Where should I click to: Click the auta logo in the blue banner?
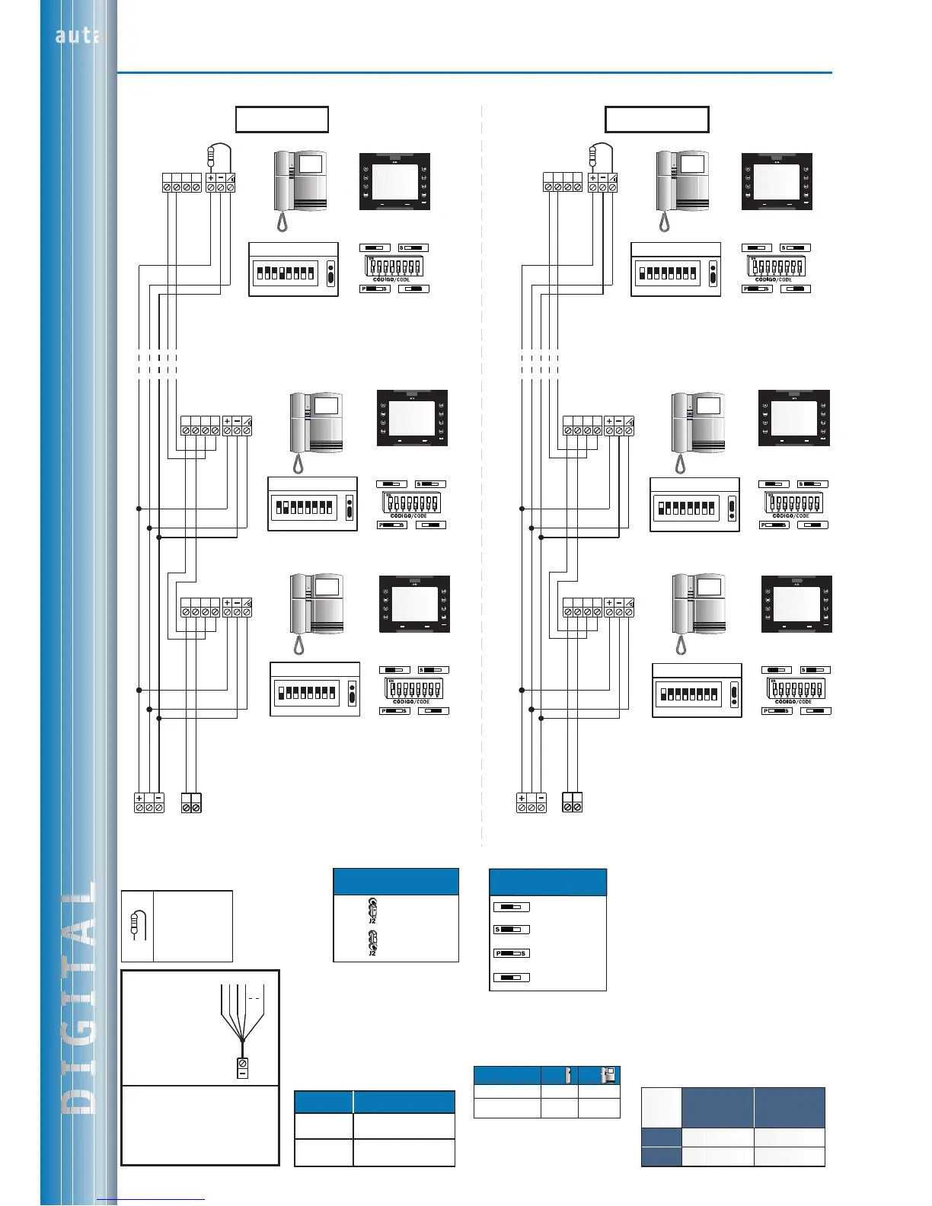click(76, 35)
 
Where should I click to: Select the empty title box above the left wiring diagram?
click(282, 120)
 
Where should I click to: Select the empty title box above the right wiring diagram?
click(656, 120)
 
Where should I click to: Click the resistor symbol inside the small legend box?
click(138, 924)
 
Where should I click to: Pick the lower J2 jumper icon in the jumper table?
click(372, 942)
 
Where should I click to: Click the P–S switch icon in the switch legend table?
click(511, 953)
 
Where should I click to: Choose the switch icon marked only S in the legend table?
click(511, 930)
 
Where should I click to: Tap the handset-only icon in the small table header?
click(568, 1075)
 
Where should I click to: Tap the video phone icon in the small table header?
click(608, 1075)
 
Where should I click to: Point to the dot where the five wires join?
click(242, 1040)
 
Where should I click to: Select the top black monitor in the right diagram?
click(777, 181)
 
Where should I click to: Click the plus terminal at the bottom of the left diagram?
click(139, 802)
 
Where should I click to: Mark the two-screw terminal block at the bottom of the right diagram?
click(572, 802)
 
